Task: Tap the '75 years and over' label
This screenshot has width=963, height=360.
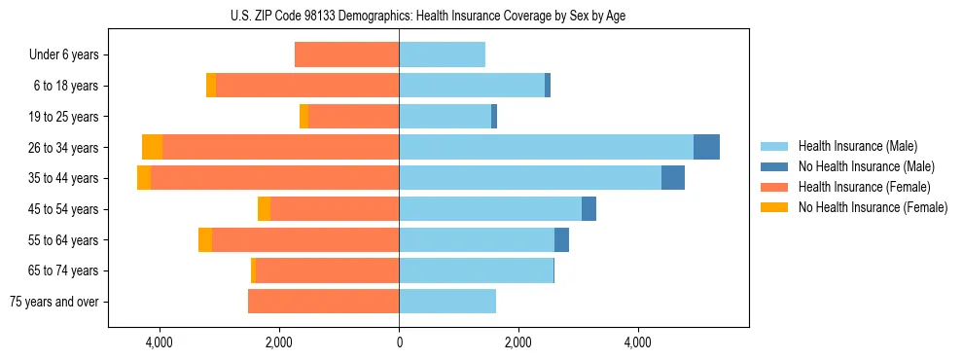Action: click(54, 302)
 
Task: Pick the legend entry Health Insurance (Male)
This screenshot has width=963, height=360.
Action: click(857, 146)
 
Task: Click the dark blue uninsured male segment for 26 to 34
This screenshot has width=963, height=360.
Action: click(706, 147)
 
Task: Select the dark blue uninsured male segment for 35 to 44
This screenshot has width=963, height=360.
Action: click(672, 178)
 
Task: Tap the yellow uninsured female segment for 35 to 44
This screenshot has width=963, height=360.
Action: click(144, 178)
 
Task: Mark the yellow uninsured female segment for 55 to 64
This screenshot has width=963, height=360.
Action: click(205, 239)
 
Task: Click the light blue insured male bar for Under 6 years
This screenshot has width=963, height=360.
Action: click(442, 54)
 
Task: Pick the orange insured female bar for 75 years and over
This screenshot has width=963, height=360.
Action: click(323, 302)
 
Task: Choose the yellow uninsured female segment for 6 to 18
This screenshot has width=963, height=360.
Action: click(211, 86)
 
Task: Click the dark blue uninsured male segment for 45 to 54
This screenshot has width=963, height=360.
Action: click(588, 209)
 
